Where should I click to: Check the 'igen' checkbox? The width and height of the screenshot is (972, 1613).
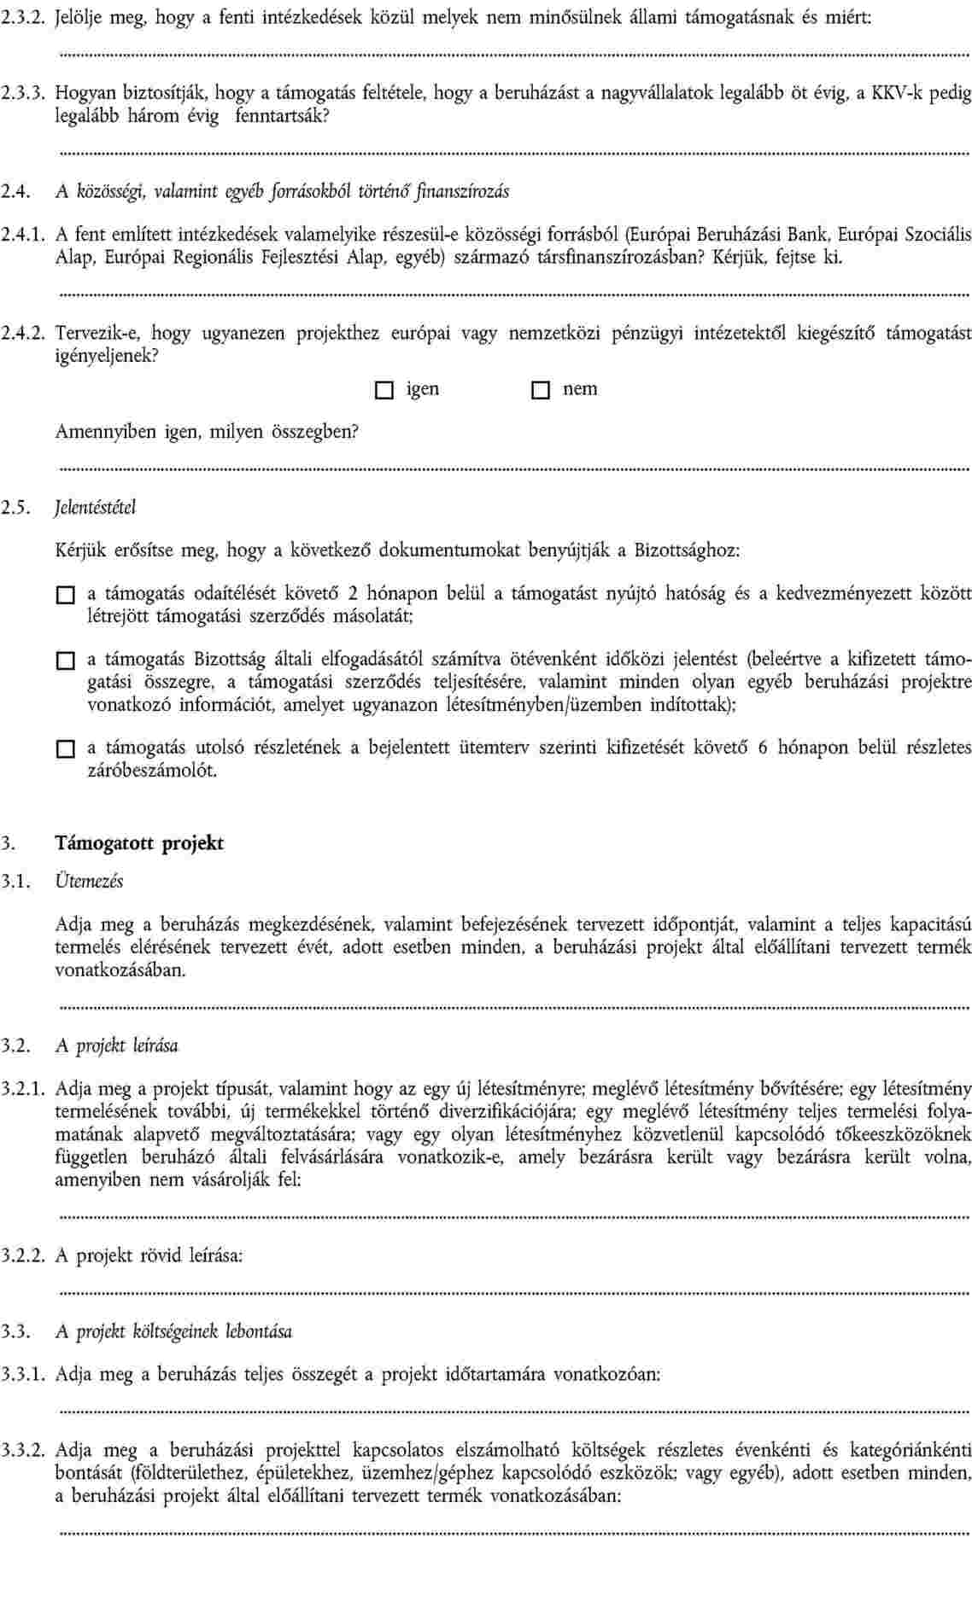coord(384,391)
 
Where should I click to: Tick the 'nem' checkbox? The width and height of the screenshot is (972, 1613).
coord(540,391)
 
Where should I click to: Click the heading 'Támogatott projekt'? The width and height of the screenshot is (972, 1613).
coord(139,843)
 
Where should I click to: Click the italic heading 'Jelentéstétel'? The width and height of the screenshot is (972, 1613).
coord(96,508)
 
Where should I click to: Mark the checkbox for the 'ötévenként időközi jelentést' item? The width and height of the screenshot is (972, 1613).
coord(66,660)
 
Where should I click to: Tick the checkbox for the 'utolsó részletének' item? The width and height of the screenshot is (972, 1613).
coord(66,749)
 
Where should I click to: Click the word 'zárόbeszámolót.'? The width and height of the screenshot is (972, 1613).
coord(153,771)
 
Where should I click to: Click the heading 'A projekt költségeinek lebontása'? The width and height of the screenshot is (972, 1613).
coord(174,1331)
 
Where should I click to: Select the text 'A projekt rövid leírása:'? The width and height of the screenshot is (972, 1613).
coord(149,1255)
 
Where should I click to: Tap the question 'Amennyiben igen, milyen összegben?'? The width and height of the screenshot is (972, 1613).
coord(207,431)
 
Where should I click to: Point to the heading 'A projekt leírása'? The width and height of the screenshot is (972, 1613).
coord(117,1045)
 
